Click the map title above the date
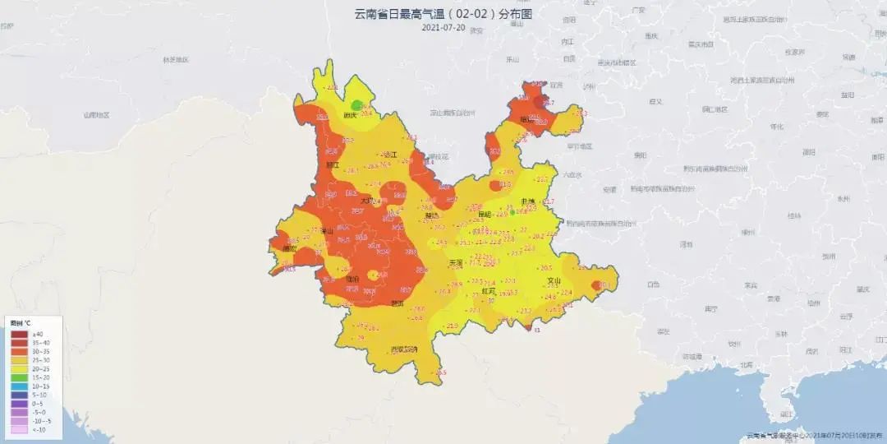443,14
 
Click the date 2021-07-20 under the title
443,27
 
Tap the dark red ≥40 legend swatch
18,334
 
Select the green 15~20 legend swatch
18,377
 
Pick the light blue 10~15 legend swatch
18,386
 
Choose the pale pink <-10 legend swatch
18,429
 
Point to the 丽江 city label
333,164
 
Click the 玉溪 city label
456,263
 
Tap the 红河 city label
488,290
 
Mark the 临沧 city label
352,280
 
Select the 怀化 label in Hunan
777,127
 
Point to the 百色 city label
653,284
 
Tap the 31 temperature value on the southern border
536,331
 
